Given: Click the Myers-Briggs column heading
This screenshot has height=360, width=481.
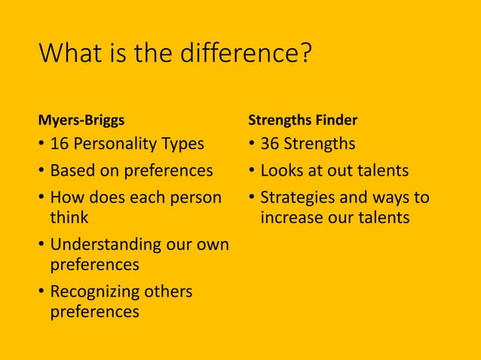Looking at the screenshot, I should pyautogui.click(x=81, y=120).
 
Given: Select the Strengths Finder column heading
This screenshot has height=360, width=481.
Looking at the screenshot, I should pyautogui.click(x=302, y=120).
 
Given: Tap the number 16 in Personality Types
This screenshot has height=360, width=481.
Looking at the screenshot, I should pyautogui.click(x=60, y=143).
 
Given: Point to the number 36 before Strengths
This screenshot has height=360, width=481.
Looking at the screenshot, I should pyautogui.click(x=270, y=143).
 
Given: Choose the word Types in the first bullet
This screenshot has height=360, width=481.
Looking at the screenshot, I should pyautogui.click(x=182, y=143).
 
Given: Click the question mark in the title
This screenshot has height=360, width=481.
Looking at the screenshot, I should pyautogui.click(x=306, y=55).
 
